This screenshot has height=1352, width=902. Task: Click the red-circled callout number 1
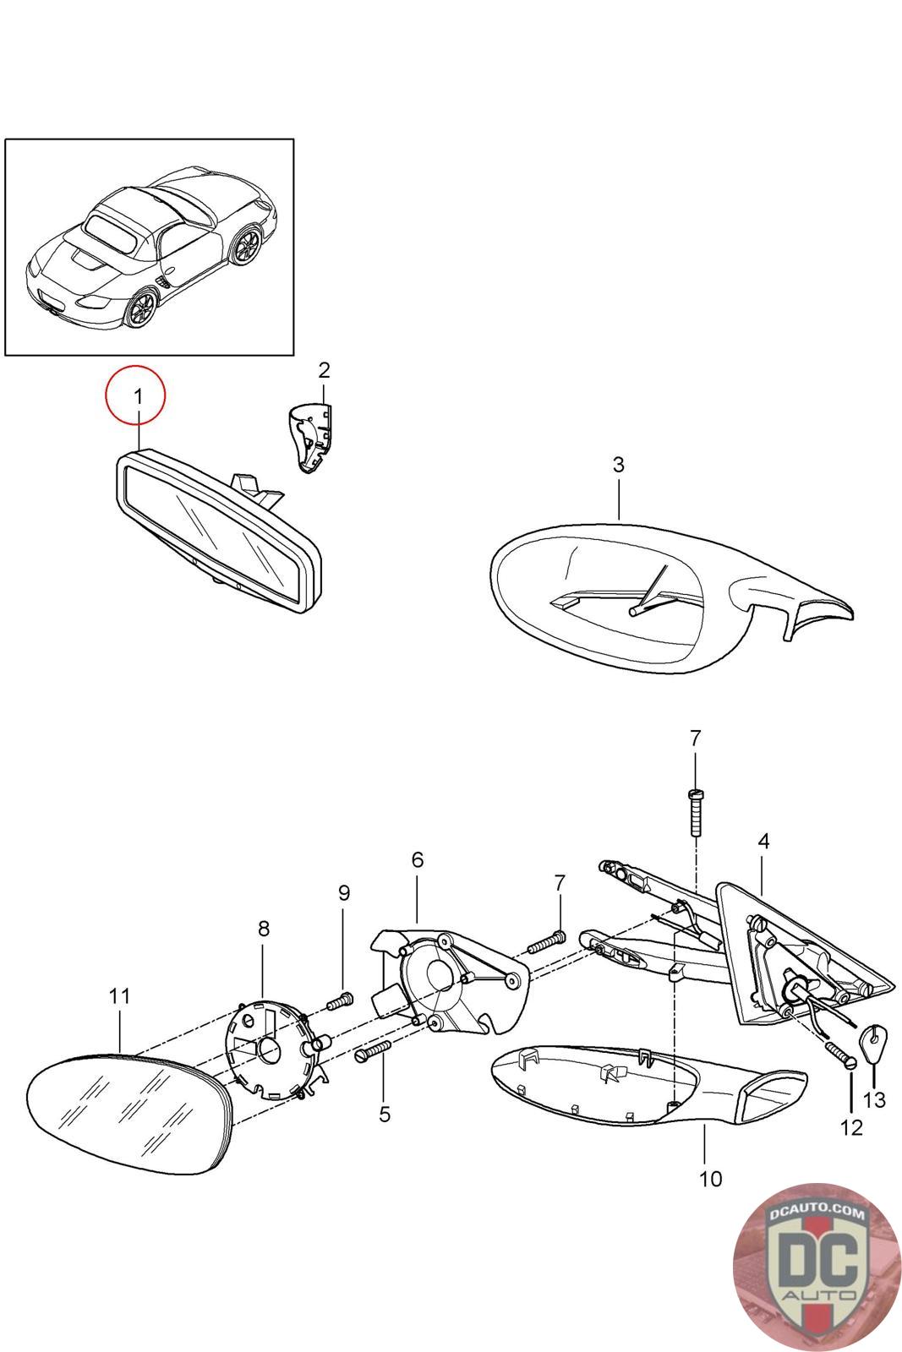(136, 394)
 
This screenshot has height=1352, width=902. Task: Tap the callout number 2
(324, 370)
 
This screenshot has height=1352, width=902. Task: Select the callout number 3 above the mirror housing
(618, 465)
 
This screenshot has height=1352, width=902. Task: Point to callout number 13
(875, 1099)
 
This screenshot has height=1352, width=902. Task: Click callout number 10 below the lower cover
(711, 1178)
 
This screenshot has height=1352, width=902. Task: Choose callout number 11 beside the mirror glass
(120, 996)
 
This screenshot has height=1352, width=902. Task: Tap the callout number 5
(385, 1115)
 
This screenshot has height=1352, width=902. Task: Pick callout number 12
(851, 1126)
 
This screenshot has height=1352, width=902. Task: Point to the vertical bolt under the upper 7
(695, 812)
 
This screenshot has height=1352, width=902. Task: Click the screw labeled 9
(339, 1001)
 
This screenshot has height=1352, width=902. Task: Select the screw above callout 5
(374, 1050)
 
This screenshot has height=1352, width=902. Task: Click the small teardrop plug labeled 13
(873, 1035)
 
